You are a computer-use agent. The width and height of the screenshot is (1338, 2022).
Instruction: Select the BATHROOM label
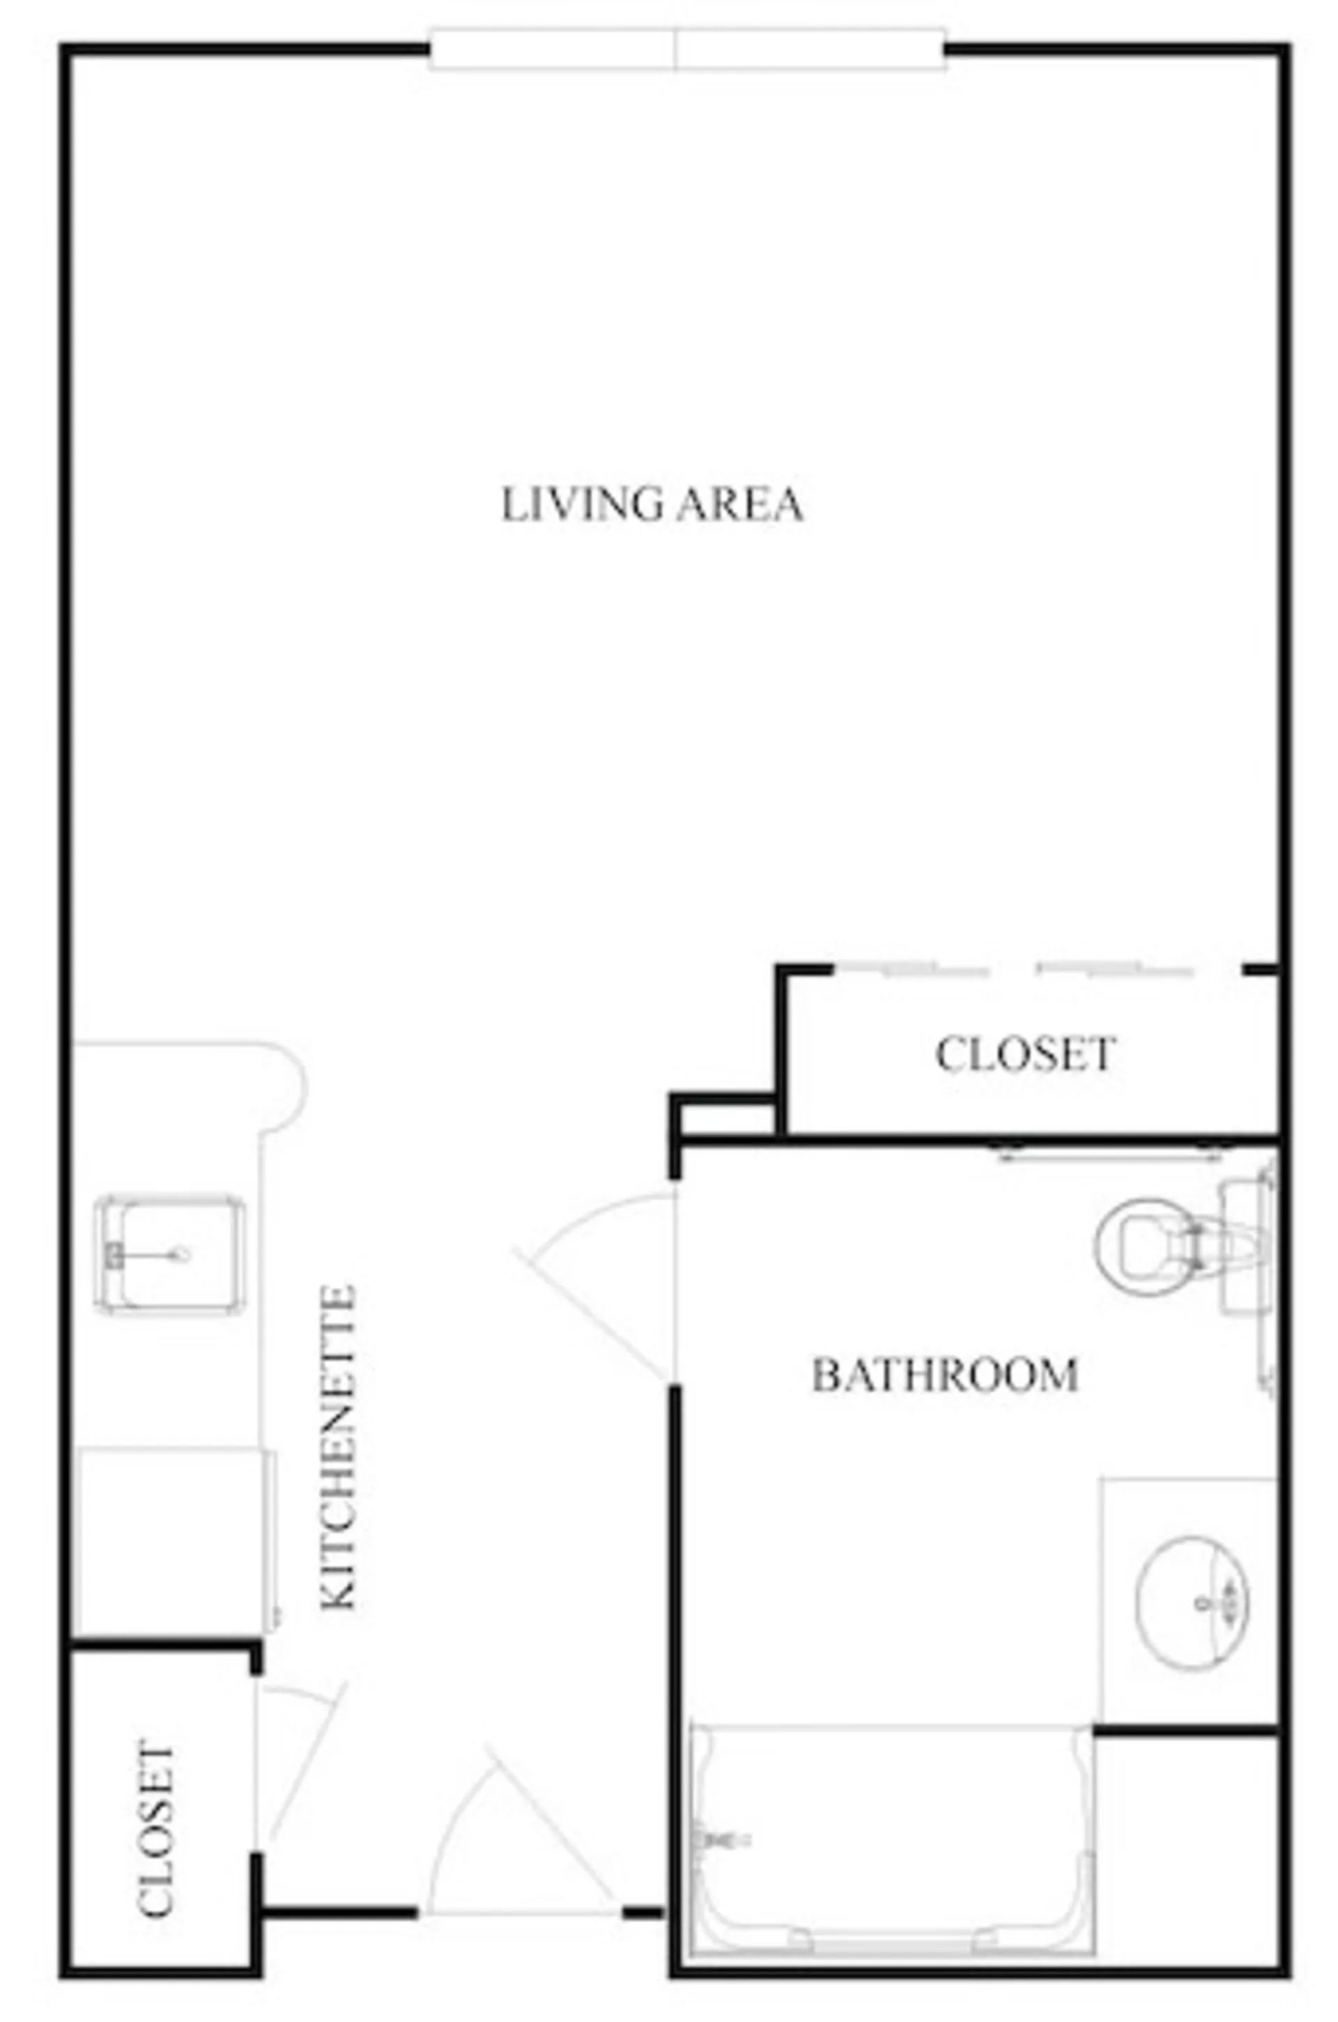(945, 1375)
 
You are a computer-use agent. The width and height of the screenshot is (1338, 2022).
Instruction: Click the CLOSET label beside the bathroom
(1026, 1054)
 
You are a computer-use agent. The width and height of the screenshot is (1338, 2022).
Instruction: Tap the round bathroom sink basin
(1192, 1603)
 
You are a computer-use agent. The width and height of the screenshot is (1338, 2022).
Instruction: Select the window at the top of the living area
(688, 49)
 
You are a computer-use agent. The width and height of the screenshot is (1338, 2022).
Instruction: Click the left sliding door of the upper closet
(912, 968)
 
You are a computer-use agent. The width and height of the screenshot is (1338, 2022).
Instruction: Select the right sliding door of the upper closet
(1114, 968)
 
